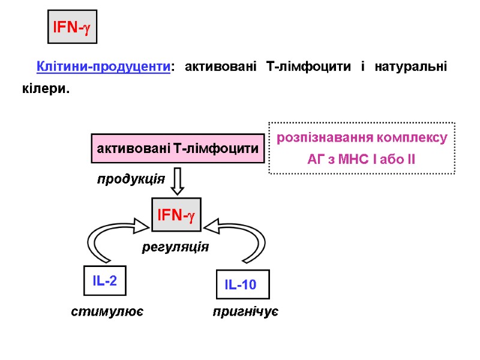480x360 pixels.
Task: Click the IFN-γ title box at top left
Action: pyautogui.click(x=72, y=27)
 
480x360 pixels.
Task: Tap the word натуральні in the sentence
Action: pyautogui.click(x=410, y=67)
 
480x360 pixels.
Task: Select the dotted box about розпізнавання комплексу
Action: pyautogui.click(x=362, y=148)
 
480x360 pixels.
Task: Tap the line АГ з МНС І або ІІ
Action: pyautogui.click(x=361, y=160)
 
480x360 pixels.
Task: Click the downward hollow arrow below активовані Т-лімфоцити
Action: pyautogui.click(x=177, y=181)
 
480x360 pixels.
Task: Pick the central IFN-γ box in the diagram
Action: pyautogui.click(x=176, y=215)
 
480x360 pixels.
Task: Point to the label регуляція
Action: pyautogui.click(x=175, y=247)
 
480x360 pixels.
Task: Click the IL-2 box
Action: pyautogui.click(x=104, y=281)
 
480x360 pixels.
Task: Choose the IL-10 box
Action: pyautogui.click(x=242, y=285)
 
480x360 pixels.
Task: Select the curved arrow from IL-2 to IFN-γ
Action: pyautogui.click(x=108, y=240)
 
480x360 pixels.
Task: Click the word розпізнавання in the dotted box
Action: pyautogui.click(x=325, y=138)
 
